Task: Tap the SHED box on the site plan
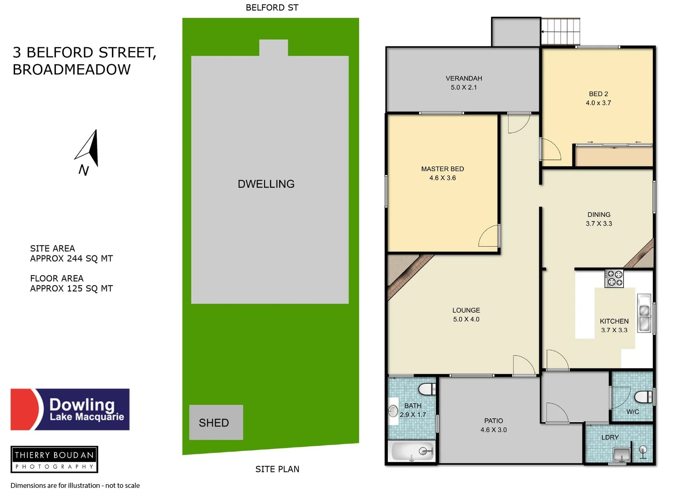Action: pyautogui.click(x=216, y=422)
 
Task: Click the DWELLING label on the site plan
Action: pyautogui.click(x=266, y=184)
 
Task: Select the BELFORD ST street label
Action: pyautogui.click(x=272, y=8)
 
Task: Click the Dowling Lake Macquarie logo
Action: pyautogui.click(x=70, y=409)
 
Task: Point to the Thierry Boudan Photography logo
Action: pyautogui.click(x=55, y=459)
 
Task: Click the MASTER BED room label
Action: pyautogui.click(x=442, y=173)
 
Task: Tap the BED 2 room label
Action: pyautogui.click(x=598, y=98)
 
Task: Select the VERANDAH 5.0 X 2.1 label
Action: pyautogui.click(x=464, y=83)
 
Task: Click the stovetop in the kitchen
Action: pyautogui.click(x=614, y=278)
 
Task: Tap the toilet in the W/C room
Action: pyautogui.click(x=643, y=397)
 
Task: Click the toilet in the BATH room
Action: pyautogui.click(x=427, y=389)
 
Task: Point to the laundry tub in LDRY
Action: pyautogui.click(x=621, y=454)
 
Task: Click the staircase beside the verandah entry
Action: pyautogui.click(x=561, y=31)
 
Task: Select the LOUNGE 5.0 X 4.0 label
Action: pyautogui.click(x=466, y=315)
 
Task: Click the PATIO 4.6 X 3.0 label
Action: pyautogui.click(x=493, y=425)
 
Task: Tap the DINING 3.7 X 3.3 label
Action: pyautogui.click(x=599, y=219)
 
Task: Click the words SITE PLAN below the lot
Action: pyautogui.click(x=277, y=469)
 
